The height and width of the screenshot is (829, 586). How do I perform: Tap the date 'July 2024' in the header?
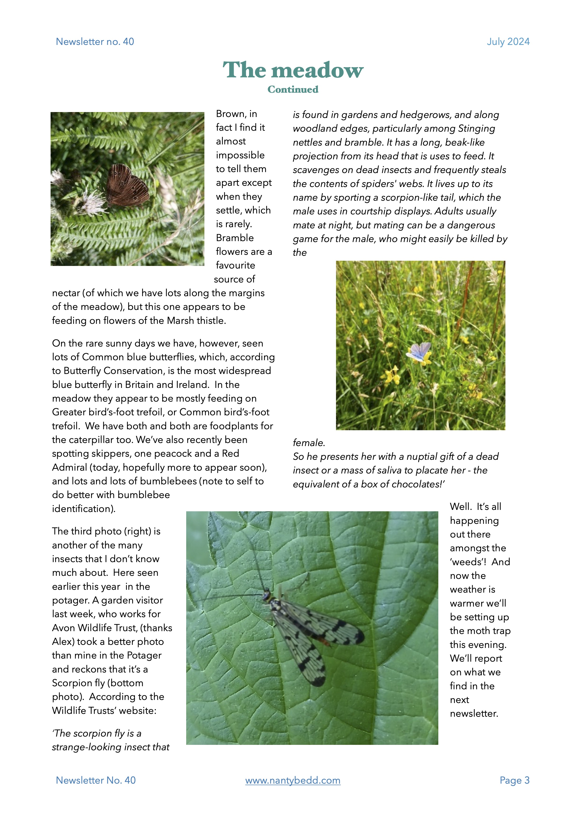click(x=508, y=42)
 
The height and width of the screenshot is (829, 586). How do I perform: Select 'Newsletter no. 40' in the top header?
click(x=95, y=42)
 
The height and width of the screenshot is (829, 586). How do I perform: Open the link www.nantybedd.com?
click(x=293, y=780)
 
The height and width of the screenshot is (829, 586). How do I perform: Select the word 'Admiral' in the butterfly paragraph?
click(x=69, y=468)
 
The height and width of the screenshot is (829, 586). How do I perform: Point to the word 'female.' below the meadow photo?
click(x=309, y=443)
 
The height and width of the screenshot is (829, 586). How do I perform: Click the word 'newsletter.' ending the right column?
click(x=474, y=713)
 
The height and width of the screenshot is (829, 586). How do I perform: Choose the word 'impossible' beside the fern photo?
click(x=240, y=155)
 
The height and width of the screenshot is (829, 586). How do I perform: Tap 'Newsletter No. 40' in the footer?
click(x=96, y=780)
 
